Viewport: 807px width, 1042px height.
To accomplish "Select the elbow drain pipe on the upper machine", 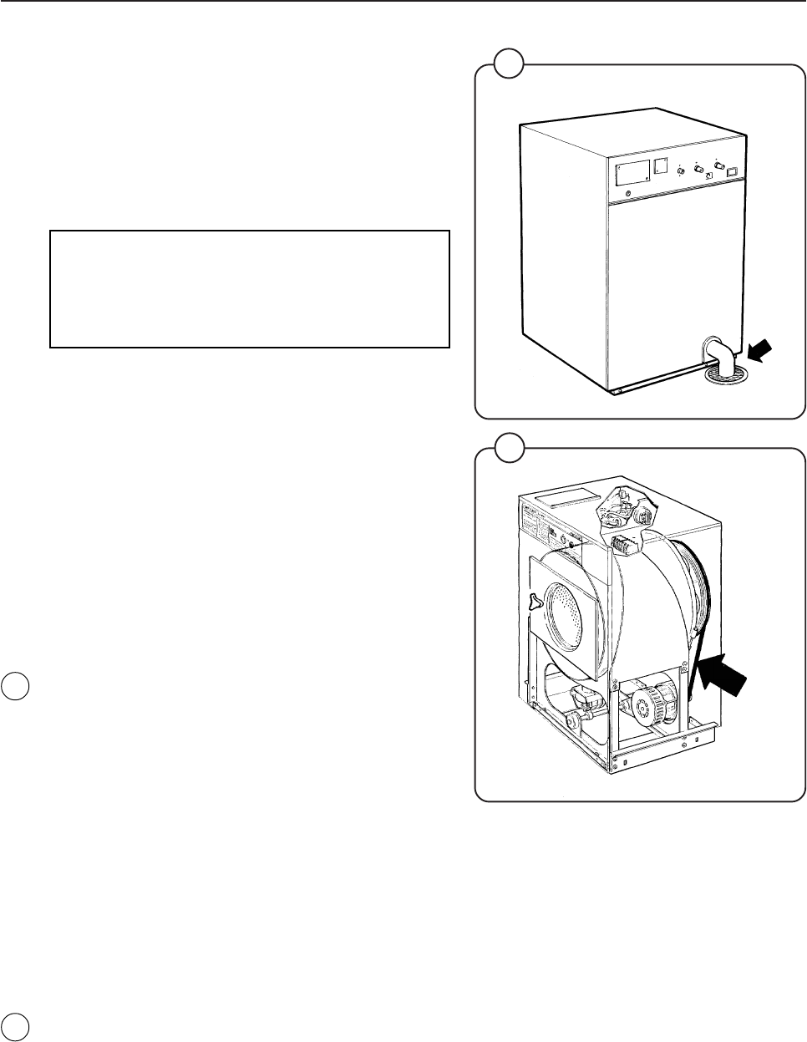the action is (719, 354).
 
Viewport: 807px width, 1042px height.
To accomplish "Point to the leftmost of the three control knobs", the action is (681, 170).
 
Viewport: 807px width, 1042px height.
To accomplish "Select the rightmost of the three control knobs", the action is (718, 163).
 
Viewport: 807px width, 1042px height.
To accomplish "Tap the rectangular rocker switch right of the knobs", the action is (731, 171).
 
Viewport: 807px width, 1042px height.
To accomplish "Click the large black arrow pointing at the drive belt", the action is (723, 673).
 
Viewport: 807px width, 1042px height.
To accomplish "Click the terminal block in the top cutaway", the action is (623, 546).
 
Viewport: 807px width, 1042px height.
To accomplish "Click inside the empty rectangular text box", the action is (250, 289).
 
